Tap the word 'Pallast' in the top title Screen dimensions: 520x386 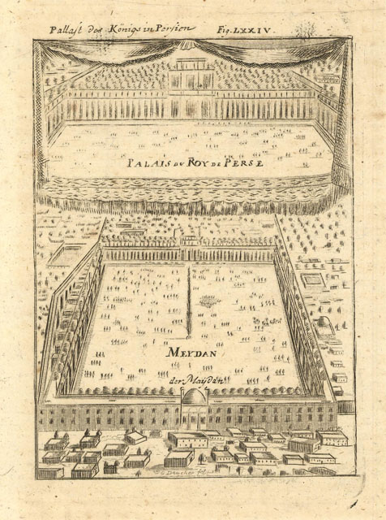[66, 29]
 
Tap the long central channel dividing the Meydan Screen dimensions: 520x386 [190, 301]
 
